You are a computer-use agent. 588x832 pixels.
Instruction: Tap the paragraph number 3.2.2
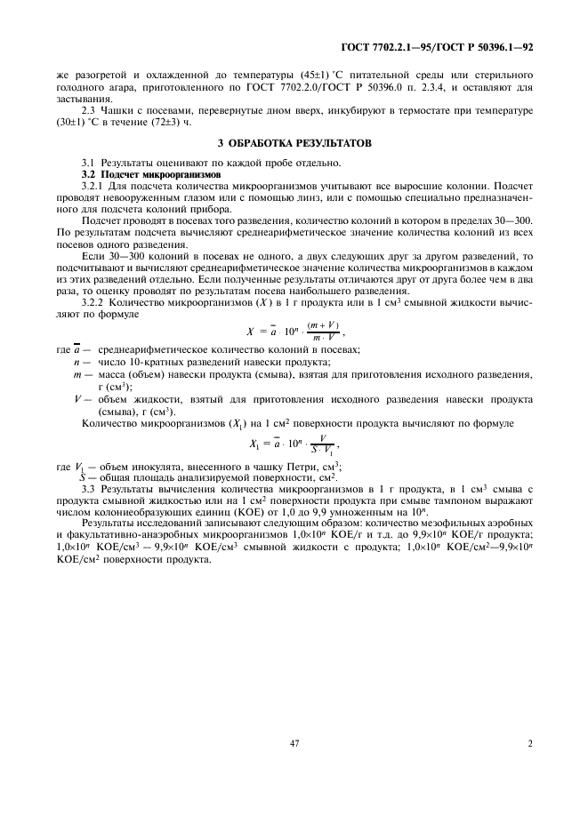click(x=94, y=302)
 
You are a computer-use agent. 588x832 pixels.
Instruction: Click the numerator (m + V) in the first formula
click(x=323, y=325)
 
